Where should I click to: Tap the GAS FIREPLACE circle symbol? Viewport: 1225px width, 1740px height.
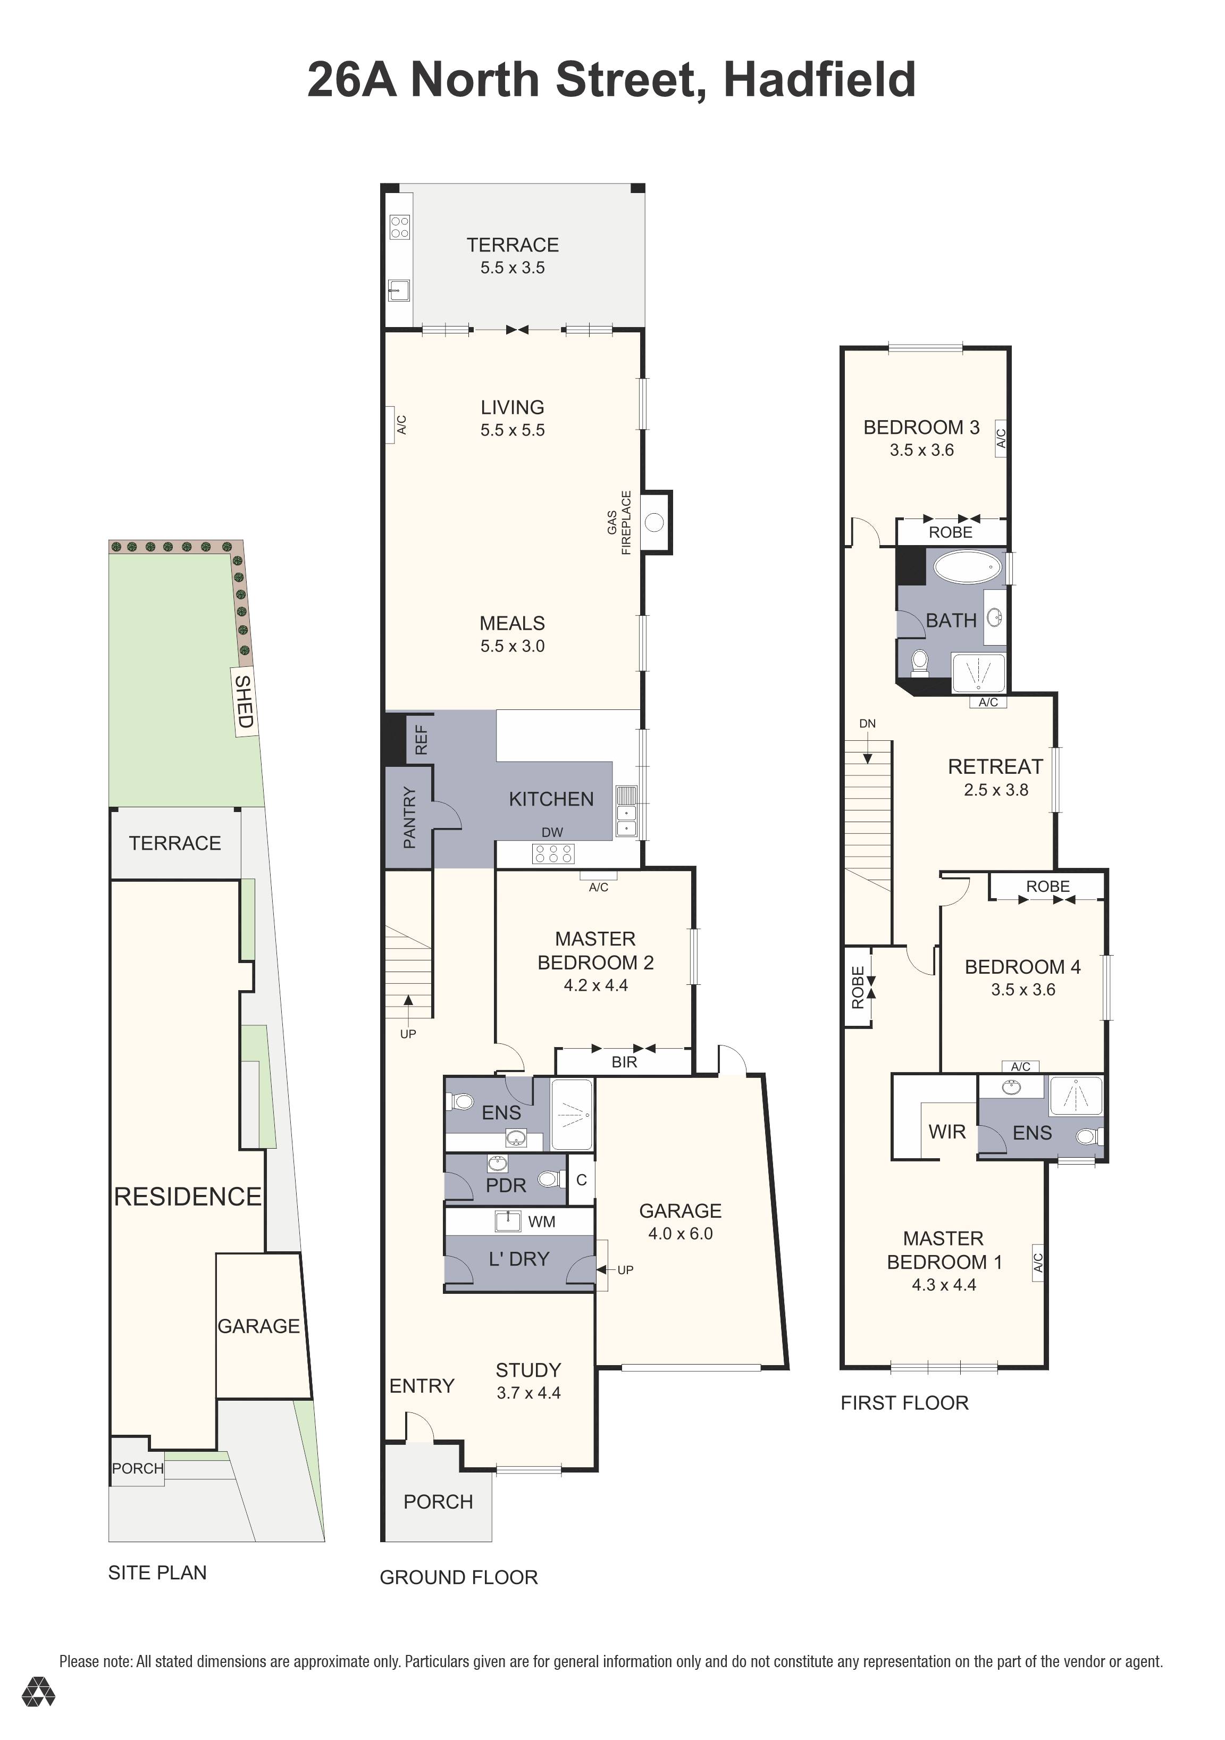[x=655, y=522]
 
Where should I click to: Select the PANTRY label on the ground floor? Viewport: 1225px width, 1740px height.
[x=409, y=818]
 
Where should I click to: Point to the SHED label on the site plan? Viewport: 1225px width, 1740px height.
[x=244, y=701]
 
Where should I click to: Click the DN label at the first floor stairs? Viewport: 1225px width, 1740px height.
[x=867, y=724]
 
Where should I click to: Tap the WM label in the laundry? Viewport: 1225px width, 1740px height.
[x=542, y=1222]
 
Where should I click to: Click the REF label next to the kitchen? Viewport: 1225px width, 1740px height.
[x=421, y=740]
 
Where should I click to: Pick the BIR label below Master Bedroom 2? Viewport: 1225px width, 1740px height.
[x=624, y=1063]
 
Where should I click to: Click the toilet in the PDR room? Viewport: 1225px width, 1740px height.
[x=549, y=1179]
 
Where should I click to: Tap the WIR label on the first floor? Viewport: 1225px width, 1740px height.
[x=947, y=1132]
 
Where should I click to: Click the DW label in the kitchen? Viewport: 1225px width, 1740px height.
[x=552, y=832]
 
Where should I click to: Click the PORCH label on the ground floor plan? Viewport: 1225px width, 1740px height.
[x=438, y=1502]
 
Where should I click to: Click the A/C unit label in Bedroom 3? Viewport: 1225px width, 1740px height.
[x=1001, y=438]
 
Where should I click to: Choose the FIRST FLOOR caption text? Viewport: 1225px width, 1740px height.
[x=904, y=1403]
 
